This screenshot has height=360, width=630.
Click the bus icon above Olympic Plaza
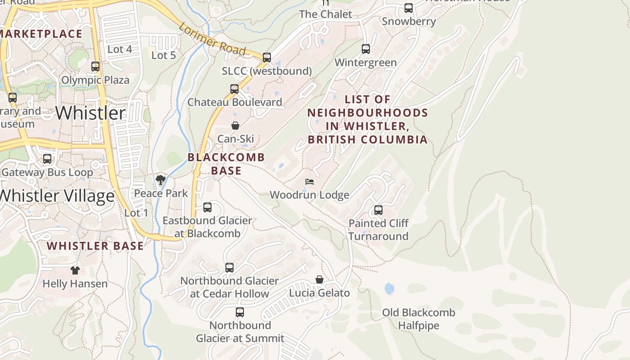[x=95, y=67]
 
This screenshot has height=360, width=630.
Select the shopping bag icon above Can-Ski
[x=235, y=126]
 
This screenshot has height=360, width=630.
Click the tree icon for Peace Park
[x=160, y=180]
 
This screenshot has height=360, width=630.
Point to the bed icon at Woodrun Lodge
[x=310, y=182]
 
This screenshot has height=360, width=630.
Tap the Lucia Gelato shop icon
[x=319, y=280]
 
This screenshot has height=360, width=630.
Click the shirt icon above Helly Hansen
[x=75, y=270]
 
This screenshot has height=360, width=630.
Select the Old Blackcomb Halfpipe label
[x=418, y=319]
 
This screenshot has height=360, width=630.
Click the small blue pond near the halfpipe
[x=389, y=288]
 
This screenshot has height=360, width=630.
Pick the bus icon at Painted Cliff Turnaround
[x=378, y=210]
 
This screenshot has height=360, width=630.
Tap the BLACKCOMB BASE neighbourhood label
[x=226, y=164]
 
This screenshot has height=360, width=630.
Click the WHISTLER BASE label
[x=95, y=246]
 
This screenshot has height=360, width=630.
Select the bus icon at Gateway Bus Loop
[x=47, y=159]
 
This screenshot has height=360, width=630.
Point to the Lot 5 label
[x=163, y=55]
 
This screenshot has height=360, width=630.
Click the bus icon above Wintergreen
[x=366, y=49]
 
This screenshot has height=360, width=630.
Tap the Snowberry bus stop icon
[x=409, y=8]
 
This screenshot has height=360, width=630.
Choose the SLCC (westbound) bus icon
[x=267, y=58]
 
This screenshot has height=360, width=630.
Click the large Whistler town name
[x=91, y=112]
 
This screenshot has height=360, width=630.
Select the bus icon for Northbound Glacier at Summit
[x=240, y=312]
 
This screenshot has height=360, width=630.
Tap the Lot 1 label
[x=136, y=213]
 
